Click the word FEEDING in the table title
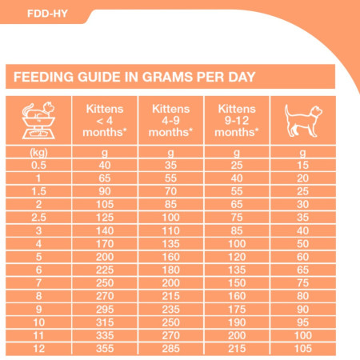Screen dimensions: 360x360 tap(47, 78)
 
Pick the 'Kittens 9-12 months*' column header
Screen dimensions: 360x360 tap(237, 120)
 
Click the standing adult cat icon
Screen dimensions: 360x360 tap(302, 120)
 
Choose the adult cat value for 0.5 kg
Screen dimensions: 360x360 tap(302, 164)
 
